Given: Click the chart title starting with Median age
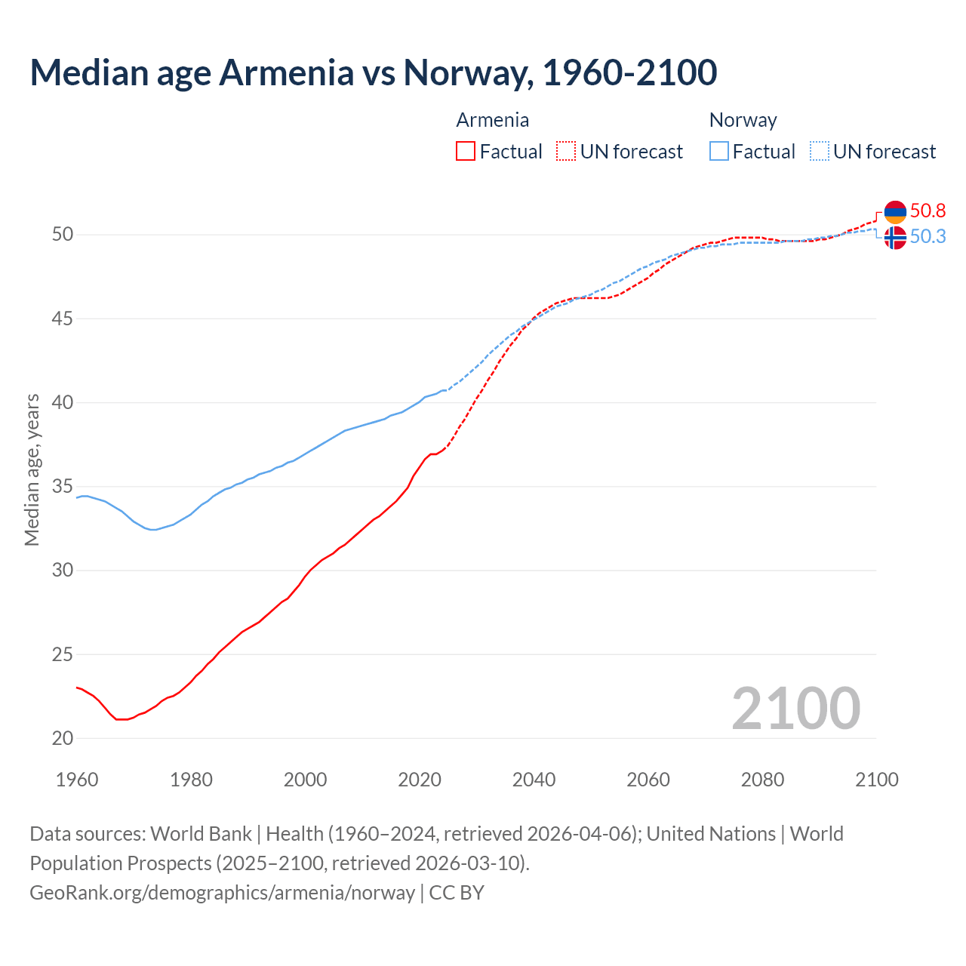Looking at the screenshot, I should (373, 72).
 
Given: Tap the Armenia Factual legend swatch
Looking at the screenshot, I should (466, 151).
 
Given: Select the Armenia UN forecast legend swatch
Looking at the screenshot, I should (566, 151).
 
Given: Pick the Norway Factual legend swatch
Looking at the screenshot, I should (719, 151).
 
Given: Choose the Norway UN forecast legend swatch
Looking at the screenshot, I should (820, 151).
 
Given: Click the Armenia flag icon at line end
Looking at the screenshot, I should (895, 212).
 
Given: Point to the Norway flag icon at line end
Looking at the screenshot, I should (895, 238).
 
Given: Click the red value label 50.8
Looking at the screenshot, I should (928, 211).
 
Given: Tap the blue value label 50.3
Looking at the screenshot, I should (928, 237).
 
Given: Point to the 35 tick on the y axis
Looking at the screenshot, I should (63, 486).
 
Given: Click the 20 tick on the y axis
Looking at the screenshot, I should (63, 738).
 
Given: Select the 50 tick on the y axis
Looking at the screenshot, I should (63, 235).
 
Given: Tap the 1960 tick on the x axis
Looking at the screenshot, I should (77, 780).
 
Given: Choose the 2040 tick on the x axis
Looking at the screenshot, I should (534, 780).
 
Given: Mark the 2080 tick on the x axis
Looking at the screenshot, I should (762, 780).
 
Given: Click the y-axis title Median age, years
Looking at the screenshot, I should (32, 469).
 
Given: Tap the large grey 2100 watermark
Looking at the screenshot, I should (795, 708).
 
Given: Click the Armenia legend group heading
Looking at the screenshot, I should (492, 120).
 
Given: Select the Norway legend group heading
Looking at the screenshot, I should (743, 120).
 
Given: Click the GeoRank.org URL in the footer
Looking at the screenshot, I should (222, 893).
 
